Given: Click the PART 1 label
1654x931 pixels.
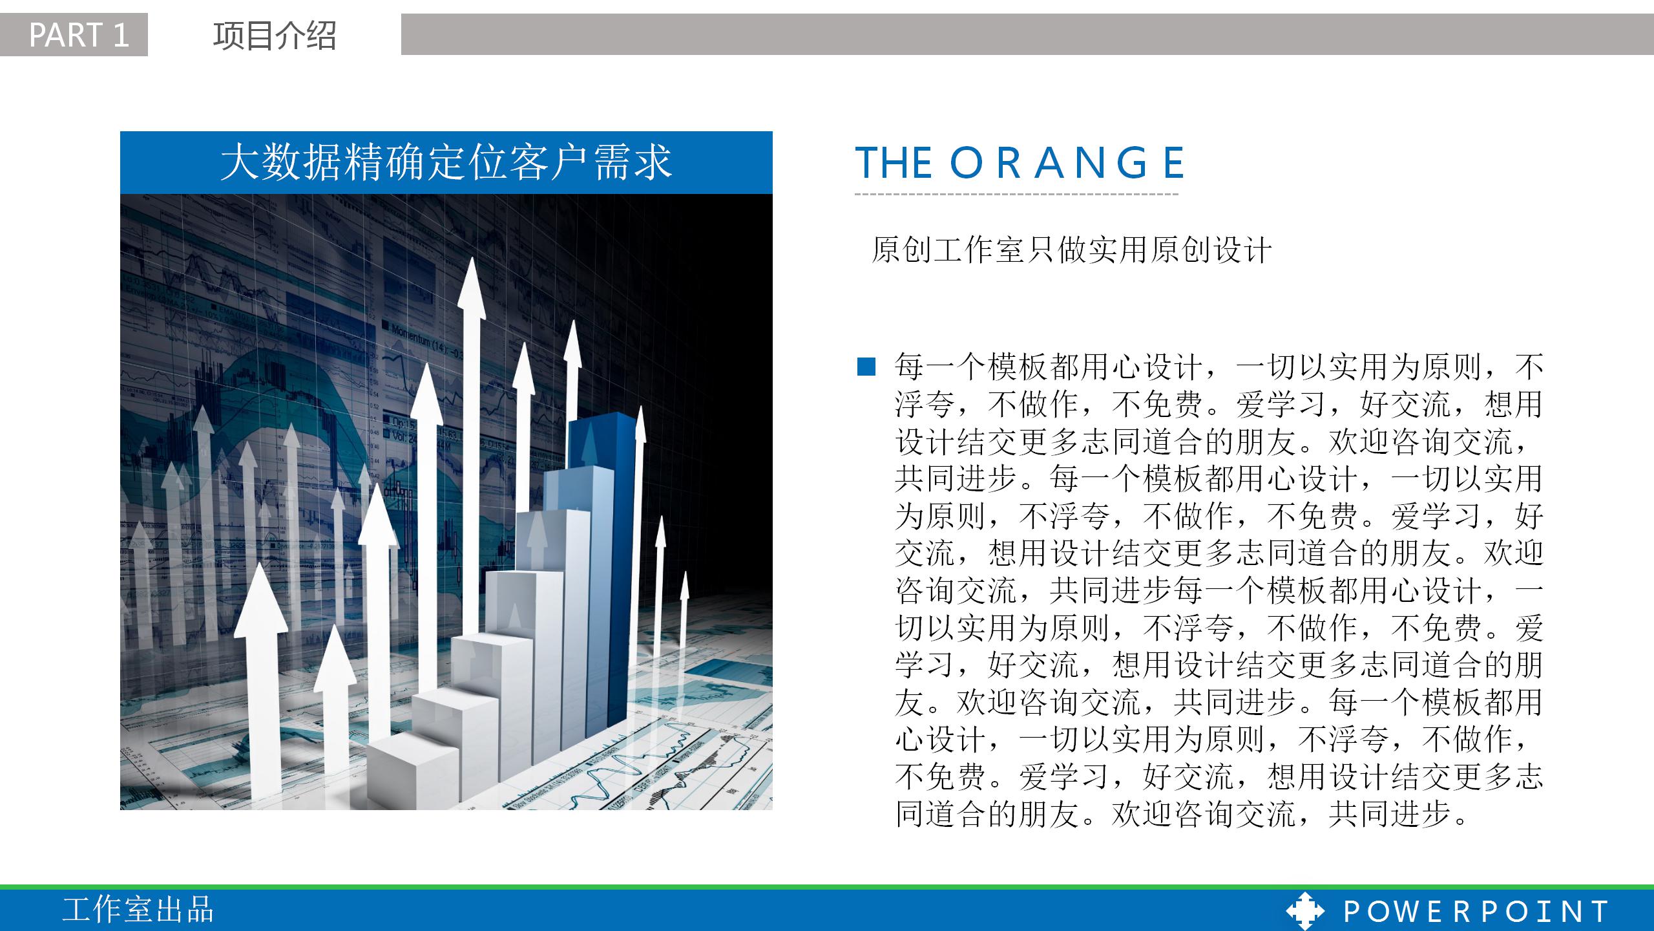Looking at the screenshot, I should coord(79,35).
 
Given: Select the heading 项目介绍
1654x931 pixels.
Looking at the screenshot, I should coord(275,36).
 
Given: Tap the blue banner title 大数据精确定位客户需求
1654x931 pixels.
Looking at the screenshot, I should coord(446,162).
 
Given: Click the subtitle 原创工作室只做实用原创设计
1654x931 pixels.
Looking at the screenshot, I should coord(1071,250).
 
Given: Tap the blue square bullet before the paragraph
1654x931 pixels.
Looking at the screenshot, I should coord(866,367).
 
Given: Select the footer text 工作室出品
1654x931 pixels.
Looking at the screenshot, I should coord(138,910).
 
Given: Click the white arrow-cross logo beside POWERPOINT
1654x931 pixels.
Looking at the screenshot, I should coord(1305,911).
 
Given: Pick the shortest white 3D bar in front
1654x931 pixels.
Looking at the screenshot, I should coord(413,773).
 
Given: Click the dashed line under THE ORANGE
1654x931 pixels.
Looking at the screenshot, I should coord(1016,194).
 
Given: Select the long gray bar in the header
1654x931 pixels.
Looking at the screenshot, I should coord(1027,34).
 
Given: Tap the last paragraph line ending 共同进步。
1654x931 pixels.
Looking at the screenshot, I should coord(1182,814).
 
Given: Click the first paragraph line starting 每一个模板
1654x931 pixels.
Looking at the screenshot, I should coord(1219,367).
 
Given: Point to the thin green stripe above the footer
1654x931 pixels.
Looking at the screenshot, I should coord(827,887).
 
